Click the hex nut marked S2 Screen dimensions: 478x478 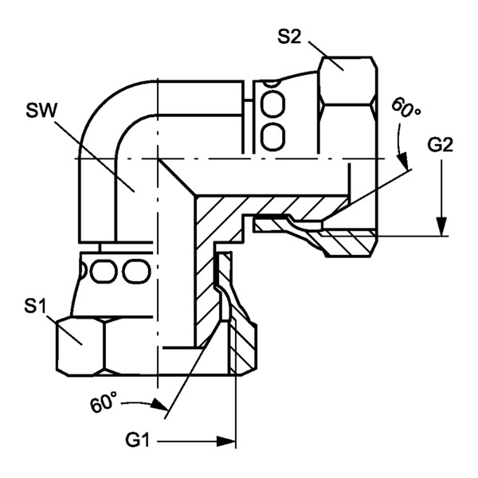pos(347,104)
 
